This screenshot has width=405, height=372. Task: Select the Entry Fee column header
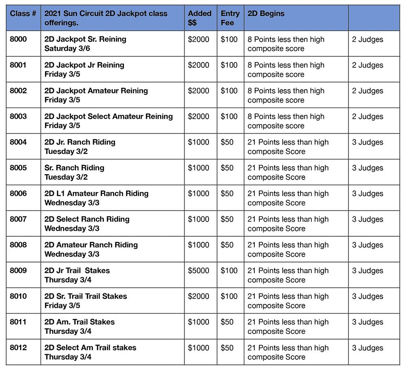coord(230,18)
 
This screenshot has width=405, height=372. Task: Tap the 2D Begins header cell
coord(266,14)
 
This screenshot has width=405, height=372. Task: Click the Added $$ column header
coord(200,18)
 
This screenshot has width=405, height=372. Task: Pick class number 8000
coord(18,39)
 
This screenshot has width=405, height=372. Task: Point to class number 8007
coord(18,219)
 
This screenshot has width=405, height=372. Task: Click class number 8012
coord(18,348)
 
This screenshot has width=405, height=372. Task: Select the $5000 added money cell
coord(198,271)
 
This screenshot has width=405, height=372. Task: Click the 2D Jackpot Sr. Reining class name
coord(85,39)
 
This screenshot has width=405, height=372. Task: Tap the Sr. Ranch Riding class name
coord(74,168)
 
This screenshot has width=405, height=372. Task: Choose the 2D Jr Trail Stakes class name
coord(77,271)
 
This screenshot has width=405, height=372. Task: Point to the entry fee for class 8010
coord(229,296)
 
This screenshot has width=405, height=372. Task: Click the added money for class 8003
coord(198,116)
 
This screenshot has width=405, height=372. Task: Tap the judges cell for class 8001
coord(367,65)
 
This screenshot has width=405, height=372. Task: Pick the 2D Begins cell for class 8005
coord(288,172)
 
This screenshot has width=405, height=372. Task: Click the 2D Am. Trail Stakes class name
coord(79,322)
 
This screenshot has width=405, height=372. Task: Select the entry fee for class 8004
coord(227,142)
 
